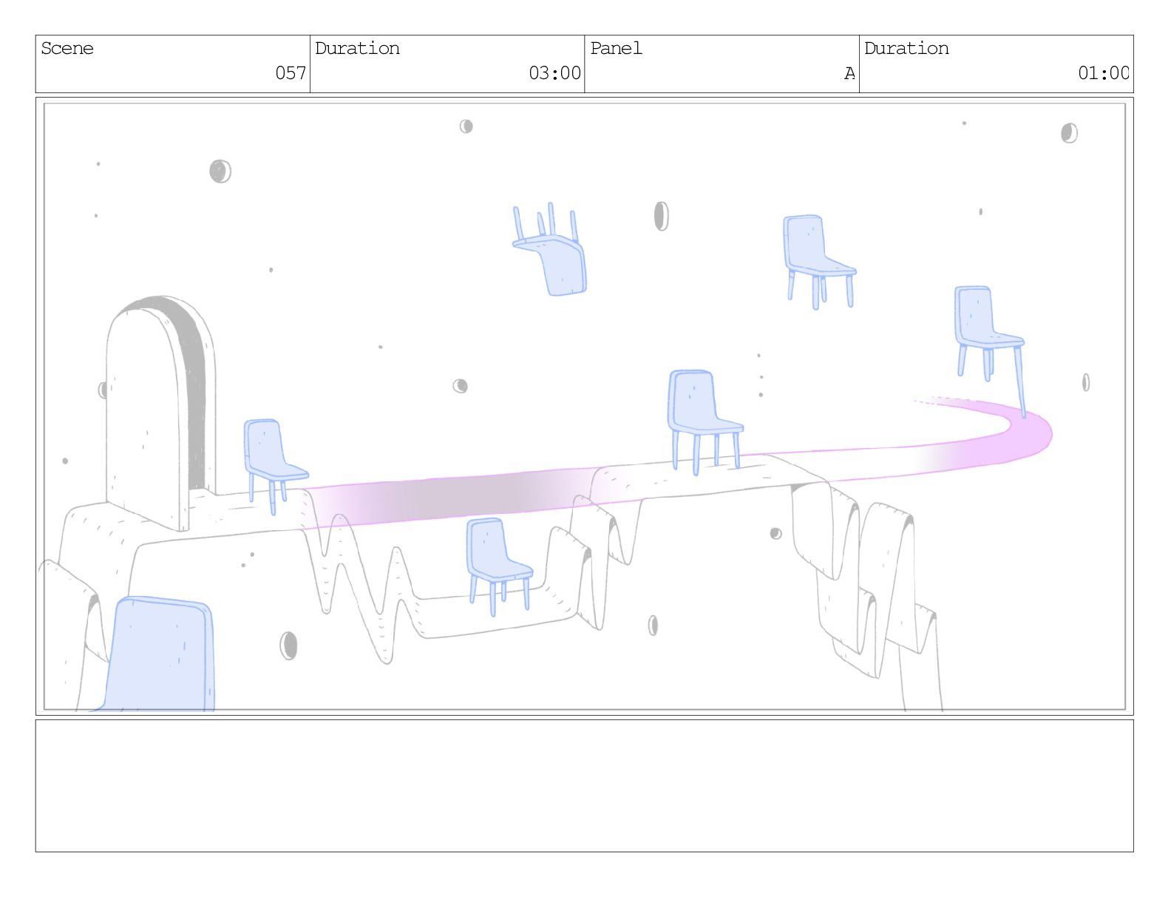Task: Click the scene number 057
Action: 291,72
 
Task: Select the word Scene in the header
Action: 67,49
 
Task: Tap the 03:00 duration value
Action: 554,72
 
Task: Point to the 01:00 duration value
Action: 1102,72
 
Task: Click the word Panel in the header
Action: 616,49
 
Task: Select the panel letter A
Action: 849,73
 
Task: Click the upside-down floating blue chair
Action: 550,250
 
